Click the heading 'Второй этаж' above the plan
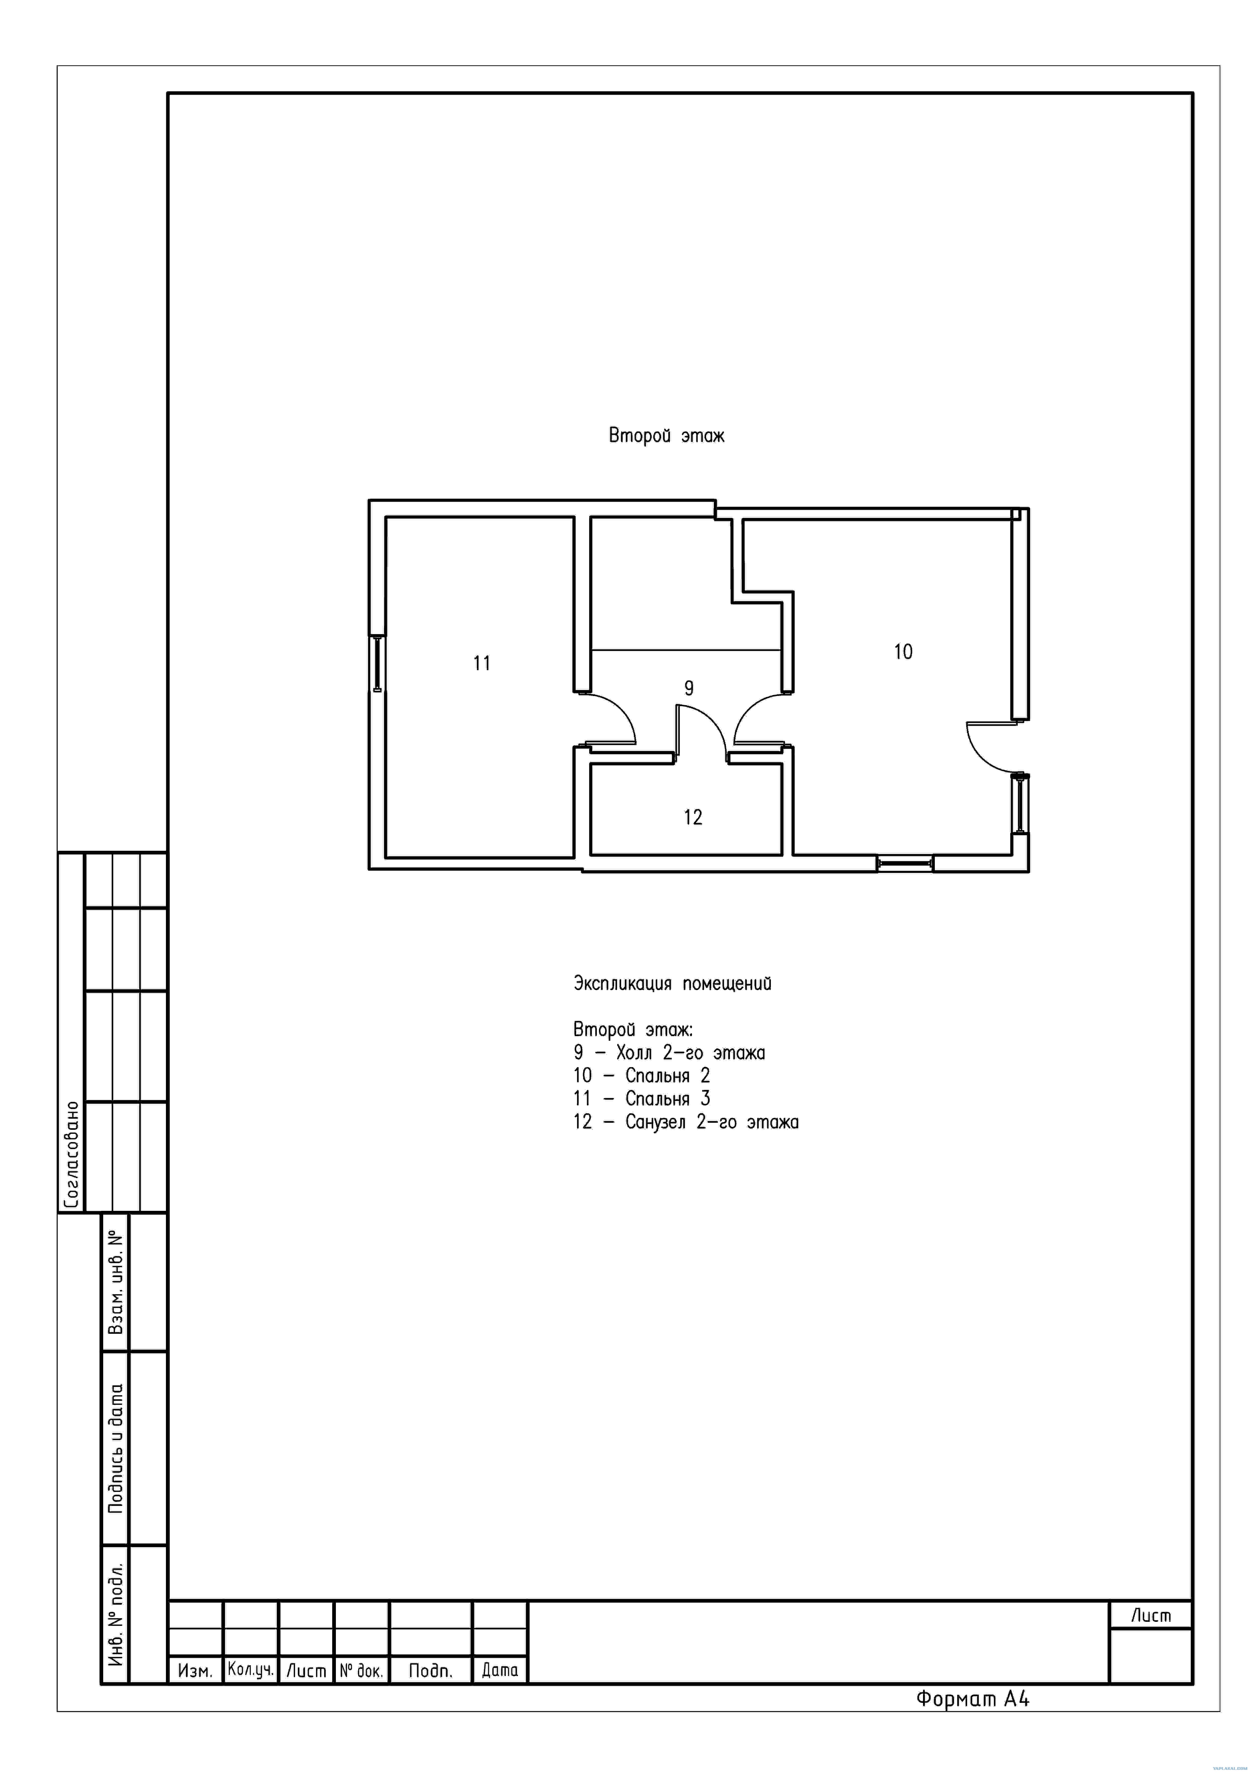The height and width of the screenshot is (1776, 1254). tap(666, 436)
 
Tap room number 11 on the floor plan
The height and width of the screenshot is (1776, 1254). tap(482, 663)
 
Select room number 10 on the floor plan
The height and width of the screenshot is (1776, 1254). tap(903, 652)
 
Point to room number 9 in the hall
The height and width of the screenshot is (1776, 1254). tap(689, 688)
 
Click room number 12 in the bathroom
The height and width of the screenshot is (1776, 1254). tap(693, 817)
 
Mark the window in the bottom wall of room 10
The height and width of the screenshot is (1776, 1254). tap(905, 863)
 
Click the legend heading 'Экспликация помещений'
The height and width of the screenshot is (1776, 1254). tap(672, 984)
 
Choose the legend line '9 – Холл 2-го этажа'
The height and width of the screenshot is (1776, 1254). tap(669, 1053)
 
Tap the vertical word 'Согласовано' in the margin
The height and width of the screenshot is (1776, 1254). tap(71, 1155)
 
